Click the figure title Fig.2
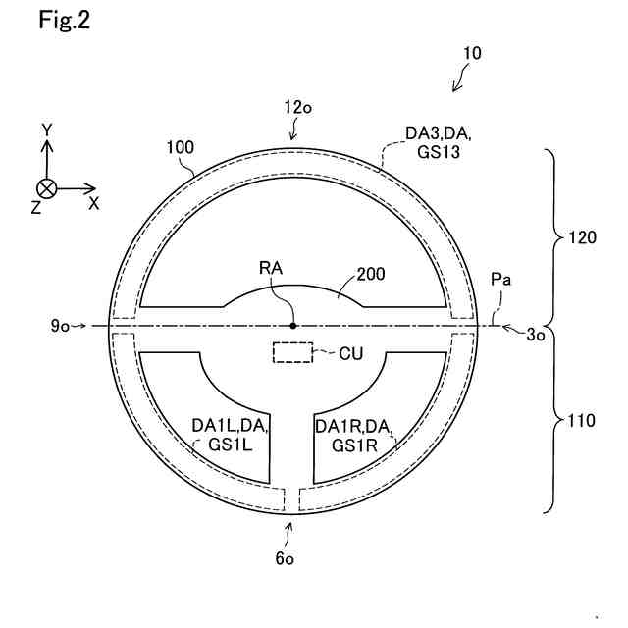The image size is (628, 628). (x=65, y=22)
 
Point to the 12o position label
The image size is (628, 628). (x=298, y=108)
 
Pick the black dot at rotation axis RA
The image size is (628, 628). (x=292, y=325)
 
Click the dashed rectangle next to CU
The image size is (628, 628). (x=292, y=353)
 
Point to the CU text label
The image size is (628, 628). (x=351, y=353)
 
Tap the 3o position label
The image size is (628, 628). (x=536, y=334)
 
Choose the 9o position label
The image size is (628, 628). (x=61, y=325)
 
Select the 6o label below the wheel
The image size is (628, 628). (x=286, y=558)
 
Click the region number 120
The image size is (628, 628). (x=580, y=236)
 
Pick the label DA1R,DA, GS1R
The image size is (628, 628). (x=354, y=435)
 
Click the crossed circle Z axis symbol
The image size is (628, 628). (x=45, y=189)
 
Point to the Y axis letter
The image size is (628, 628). (x=45, y=130)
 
